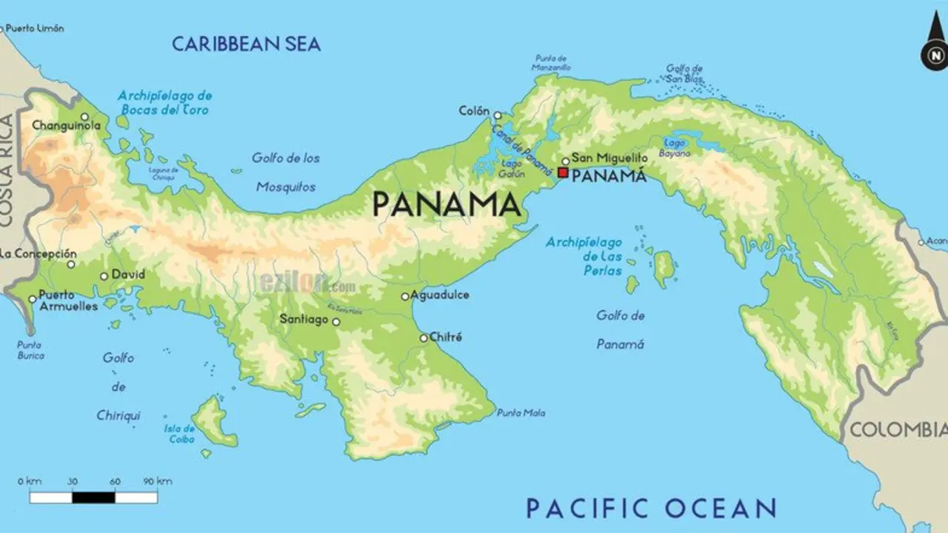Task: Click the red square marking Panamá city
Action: pyautogui.click(x=563, y=172)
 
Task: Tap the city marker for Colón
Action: pyautogui.click(x=498, y=115)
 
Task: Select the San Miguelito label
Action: pyautogui.click(x=610, y=158)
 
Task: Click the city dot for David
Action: pyautogui.click(x=104, y=276)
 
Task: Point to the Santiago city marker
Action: pyautogui.click(x=336, y=322)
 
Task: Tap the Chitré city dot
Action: pyautogui.click(x=424, y=338)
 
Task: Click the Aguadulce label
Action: pyautogui.click(x=441, y=295)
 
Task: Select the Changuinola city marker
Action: pyautogui.click(x=84, y=117)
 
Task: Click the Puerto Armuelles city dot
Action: pyautogui.click(x=32, y=300)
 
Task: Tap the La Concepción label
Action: pyautogui.click(x=39, y=253)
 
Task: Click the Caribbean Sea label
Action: pyautogui.click(x=246, y=44)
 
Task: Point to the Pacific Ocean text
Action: pyautogui.click(x=651, y=509)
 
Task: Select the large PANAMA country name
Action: pyautogui.click(x=446, y=204)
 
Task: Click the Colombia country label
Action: pyautogui.click(x=898, y=429)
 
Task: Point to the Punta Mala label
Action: pyautogui.click(x=521, y=413)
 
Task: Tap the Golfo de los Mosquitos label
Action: pyautogui.click(x=286, y=172)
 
